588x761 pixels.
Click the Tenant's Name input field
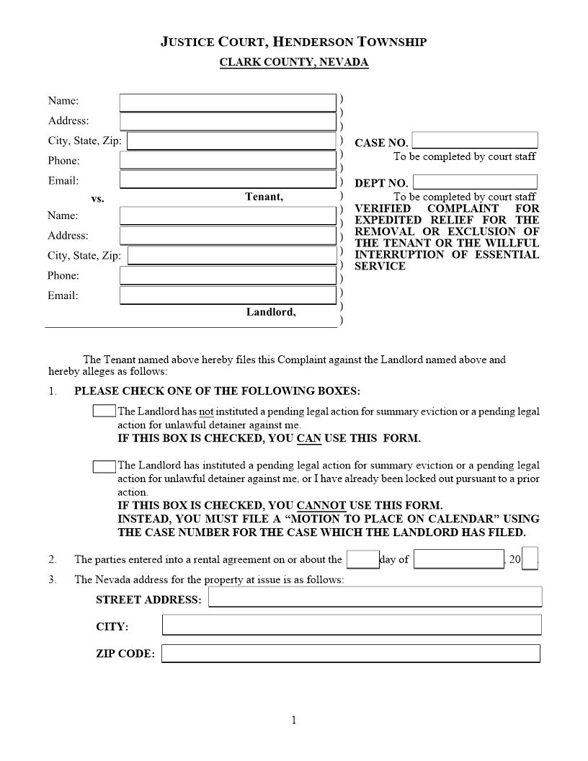[228, 102]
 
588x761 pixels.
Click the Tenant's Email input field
[228, 179]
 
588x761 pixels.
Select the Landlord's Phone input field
[228, 275]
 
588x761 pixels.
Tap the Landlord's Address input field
[228, 236]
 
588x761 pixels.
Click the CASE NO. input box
[475, 141]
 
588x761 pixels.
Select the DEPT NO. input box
[475, 182]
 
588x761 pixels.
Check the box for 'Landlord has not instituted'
[104, 411]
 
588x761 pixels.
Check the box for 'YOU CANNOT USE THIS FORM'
[104, 466]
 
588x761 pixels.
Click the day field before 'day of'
[362, 559]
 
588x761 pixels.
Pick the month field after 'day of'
[458, 559]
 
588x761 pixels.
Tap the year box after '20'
[530, 558]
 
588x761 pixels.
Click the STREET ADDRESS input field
[375, 597]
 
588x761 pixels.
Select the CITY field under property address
[351, 625]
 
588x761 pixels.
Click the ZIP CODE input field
[350, 654]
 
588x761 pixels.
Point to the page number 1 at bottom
[294, 720]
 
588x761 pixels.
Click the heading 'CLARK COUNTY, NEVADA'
[294, 62]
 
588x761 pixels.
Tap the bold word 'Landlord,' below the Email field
[271, 312]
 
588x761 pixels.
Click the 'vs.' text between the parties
[97, 199]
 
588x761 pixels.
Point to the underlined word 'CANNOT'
[321, 506]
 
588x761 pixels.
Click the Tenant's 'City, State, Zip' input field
[231, 141]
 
